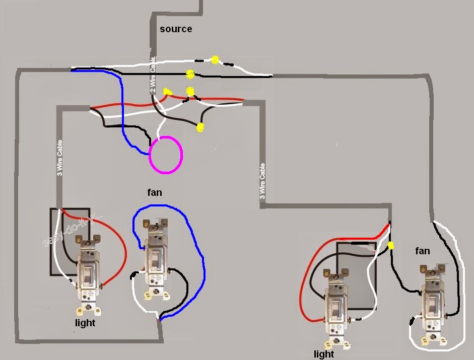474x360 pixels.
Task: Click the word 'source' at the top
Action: point(176,29)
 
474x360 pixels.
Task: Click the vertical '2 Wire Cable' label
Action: point(153,76)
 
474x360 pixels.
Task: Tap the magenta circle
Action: point(166,155)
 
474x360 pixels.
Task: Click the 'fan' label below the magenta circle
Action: point(155,192)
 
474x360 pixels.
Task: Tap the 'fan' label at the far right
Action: point(423,250)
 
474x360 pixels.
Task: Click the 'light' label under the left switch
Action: point(85,323)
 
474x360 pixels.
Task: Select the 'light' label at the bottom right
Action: point(324,354)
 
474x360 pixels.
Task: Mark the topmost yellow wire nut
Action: point(215,60)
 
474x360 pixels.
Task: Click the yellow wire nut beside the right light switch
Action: point(390,246)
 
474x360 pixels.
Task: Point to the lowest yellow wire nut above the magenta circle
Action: point(200,127)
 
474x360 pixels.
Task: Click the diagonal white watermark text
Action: point(71,230)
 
